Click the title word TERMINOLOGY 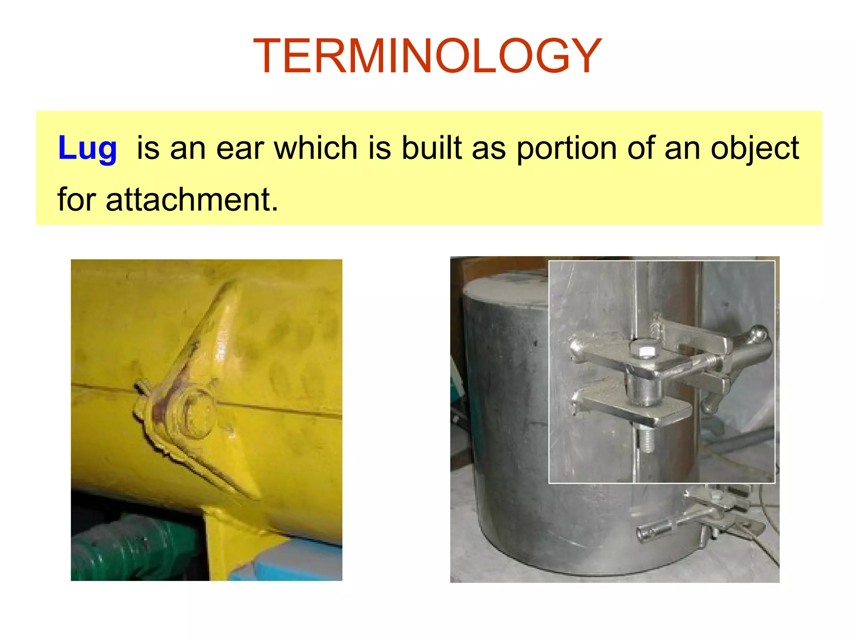427,56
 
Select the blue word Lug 87,148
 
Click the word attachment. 192,200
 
